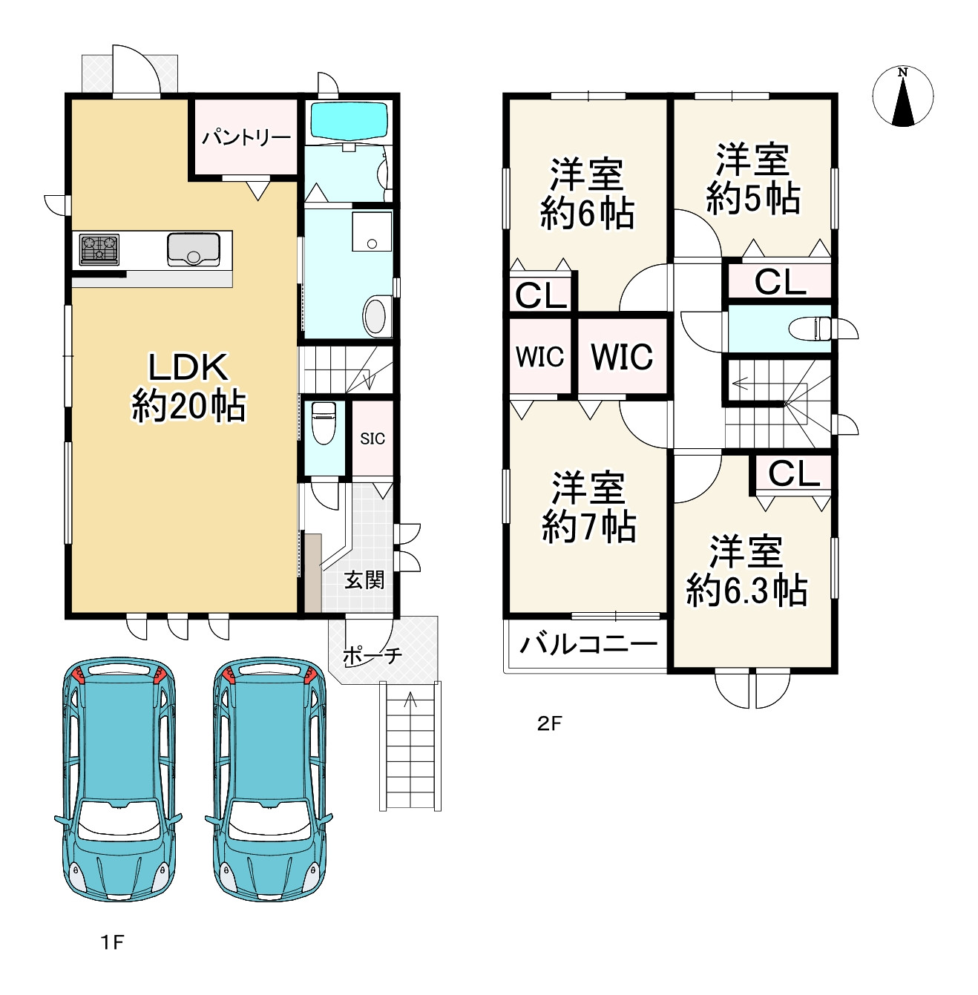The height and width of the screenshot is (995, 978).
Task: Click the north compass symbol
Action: pos(902,96)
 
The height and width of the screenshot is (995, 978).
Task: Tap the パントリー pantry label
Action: pos(246,138)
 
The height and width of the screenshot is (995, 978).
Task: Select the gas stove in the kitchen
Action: pos(99,249)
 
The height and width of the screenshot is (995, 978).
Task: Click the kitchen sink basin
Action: pos(193,249)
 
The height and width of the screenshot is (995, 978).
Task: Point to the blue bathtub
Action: pos(349,120)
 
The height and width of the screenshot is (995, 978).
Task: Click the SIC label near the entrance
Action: pos(373,439)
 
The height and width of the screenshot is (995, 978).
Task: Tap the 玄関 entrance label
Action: pos(364,580)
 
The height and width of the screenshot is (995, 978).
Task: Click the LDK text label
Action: pos(188,367)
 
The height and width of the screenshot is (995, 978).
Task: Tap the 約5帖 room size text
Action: pos(752,199)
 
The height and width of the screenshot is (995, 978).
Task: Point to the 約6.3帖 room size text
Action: pos(746,590)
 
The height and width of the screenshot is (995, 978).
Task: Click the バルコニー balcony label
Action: pos(588,644)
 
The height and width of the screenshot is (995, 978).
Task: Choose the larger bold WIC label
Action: pos(622,356)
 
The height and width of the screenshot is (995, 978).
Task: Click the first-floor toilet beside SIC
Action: pos(324,422)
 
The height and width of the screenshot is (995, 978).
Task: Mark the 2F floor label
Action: pos(549,723)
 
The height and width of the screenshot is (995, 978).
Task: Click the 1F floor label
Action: pos(112,943)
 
